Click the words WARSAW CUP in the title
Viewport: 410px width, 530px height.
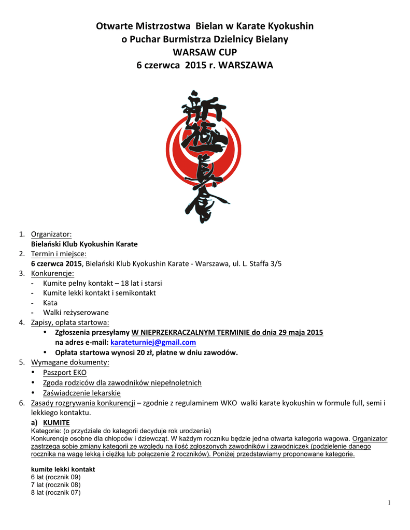(x=205, y=52)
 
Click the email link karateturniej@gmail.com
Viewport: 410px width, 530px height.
(x=153, y=343)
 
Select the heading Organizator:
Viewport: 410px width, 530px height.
(x=51, y=234)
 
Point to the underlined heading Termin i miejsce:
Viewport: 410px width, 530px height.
(x=59, y=254)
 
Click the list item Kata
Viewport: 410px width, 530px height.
(x=50, y=303)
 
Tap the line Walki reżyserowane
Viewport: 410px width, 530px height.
(x=76, y=313)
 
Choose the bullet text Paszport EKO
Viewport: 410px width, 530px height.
(x=65, y=373)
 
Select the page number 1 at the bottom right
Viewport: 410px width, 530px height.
(x=389, y=503)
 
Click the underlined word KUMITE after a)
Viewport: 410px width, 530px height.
(x=56, y=423)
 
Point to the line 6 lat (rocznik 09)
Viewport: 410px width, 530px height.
(x=55, y=477)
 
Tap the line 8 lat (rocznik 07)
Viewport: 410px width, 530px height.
(x=55, y=493)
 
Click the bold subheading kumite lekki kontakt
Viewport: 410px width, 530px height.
(x=63, y=469)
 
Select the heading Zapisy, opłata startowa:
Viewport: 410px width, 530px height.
(x=70, y=322)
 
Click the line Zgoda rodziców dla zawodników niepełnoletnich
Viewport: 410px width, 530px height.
(x=122, y=383)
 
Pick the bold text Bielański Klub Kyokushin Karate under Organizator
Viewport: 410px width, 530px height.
(x=84, y=244)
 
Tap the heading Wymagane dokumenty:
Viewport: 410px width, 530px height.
(x=70, y=362)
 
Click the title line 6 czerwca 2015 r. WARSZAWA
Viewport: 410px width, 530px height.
(x=205, y=66)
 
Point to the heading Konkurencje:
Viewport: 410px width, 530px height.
(x=52, y=273)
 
